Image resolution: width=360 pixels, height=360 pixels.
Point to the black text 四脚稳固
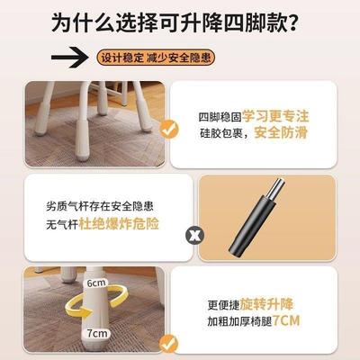219,116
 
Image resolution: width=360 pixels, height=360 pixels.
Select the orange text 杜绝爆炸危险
131,221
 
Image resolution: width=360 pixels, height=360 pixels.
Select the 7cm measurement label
94,332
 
